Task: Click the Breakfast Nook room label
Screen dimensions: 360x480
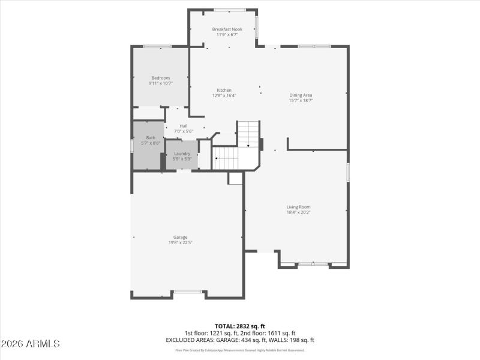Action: pyautogui.click(x=226, y=29)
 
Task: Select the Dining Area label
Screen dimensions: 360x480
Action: pyautogui.click(x=301, y=95)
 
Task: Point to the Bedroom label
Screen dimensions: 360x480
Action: pyautogui.click(x=160, y=78)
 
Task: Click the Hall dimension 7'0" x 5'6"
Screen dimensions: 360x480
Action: pyautogui.click(x=183, y=131)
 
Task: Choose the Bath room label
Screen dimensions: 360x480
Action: pyautogui.click(x=150, y=138)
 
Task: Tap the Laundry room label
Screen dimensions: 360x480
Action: pyautogui.click(x=182, y=154)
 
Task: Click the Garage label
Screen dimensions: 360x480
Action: pyautogui.click(x=180, y=237)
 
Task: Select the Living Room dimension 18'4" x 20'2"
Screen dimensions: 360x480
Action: pyautogui.click(x=298, y=212)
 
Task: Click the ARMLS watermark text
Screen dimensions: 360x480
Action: pyautogui.click(x=31, y=344)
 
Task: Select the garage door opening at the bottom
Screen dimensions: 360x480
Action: pyautogui.click(x=188, y=292)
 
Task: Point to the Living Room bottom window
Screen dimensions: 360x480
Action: pyautogui.click(x=313, y=264)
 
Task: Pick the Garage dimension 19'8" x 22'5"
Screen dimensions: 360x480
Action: pyautogui.click(x=180, y=242)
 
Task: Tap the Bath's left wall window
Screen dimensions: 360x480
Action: pyautogui.click(x=132, y=146)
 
